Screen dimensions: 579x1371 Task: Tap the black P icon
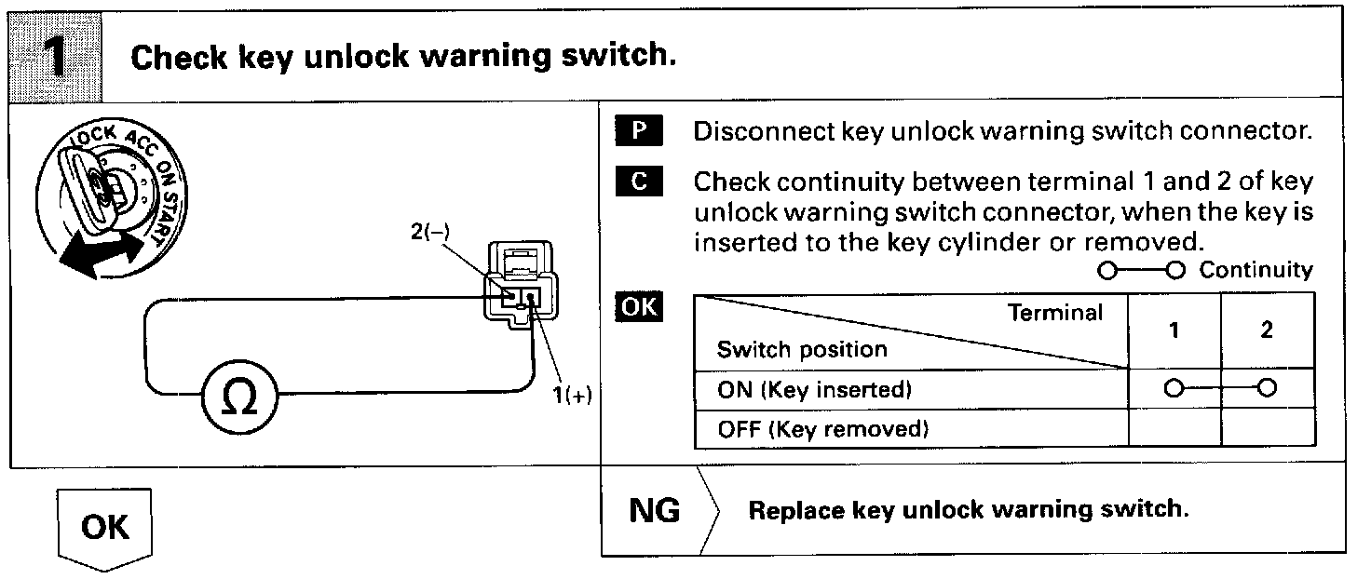[x=638, y=131]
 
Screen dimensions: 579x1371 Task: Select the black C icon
[x=638, y=182]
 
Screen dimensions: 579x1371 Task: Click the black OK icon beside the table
[x=638, y=307]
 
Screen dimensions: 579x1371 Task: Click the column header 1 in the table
[x=1174, y=330]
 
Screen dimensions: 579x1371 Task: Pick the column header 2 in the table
[x=1267, y=330]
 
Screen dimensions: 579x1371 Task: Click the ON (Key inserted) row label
[x=813, y=389]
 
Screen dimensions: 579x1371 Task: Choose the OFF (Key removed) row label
[x=823, y=429]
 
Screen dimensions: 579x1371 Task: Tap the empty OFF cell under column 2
[x=1267, y=429]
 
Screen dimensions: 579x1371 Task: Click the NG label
[x=655, y=510]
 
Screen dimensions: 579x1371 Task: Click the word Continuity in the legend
[x=1256, y=270]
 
